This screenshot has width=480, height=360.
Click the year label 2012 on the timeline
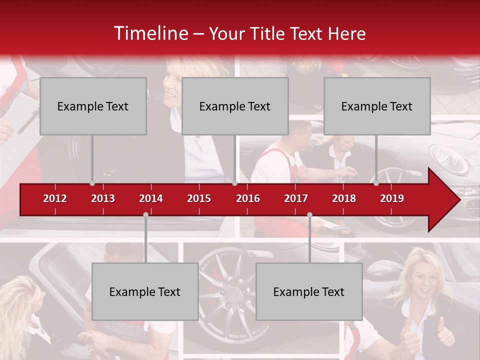click(55, 198)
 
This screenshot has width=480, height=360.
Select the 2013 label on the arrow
click(103, 198)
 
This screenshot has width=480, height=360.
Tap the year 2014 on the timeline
click(151, 198)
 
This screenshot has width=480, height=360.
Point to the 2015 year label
click(199, 198)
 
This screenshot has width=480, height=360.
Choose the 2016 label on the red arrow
click(248, 198)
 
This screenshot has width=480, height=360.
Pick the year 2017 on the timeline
click(296, 198)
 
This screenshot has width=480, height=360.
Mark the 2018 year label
click(344, 198)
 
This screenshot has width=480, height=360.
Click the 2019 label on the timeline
click(392, 198)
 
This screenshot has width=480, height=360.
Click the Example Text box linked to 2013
click(93, 106)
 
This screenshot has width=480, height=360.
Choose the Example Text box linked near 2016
click(235, 106)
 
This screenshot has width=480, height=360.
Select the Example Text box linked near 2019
click(377, 106)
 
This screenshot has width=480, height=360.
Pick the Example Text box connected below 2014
click(145, 291)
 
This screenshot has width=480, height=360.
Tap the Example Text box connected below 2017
click(309, 291)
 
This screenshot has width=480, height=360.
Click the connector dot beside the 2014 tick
click(145, 214)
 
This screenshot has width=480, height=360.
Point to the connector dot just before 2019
click(376, 183)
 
